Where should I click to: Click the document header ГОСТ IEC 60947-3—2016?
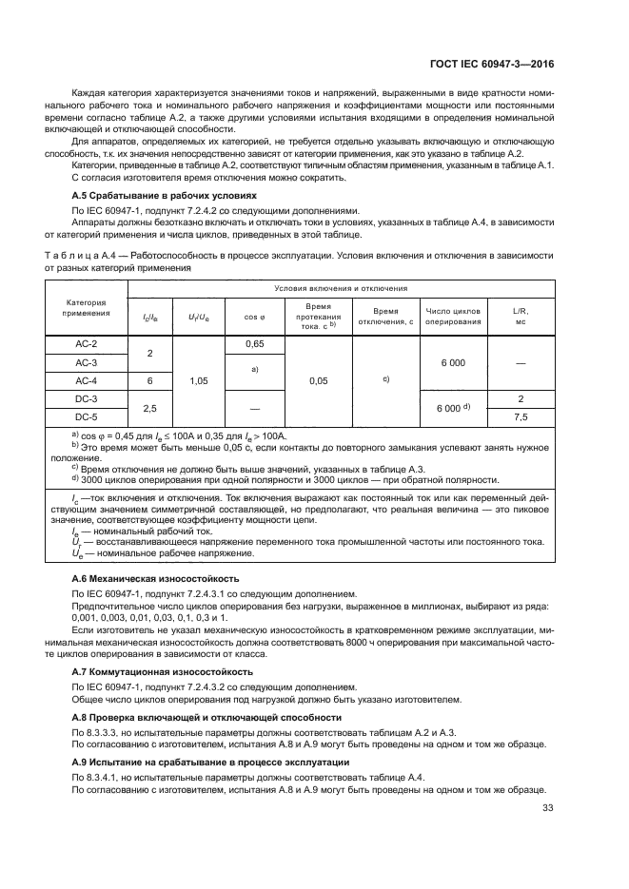[491, 66]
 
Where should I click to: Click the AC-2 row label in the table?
[87, 343]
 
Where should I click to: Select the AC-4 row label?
[87, 380]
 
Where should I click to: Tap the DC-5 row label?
[87, 416]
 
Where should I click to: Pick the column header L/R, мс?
[521, 316]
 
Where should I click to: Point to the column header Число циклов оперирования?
[454, 316]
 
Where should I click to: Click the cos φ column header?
[254, 316]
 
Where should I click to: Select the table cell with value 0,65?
[254, 343]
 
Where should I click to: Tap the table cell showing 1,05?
[199, 380]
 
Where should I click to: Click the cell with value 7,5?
[521, 416]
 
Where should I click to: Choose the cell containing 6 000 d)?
[454, 407]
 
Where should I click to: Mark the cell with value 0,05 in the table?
[319, 380]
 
